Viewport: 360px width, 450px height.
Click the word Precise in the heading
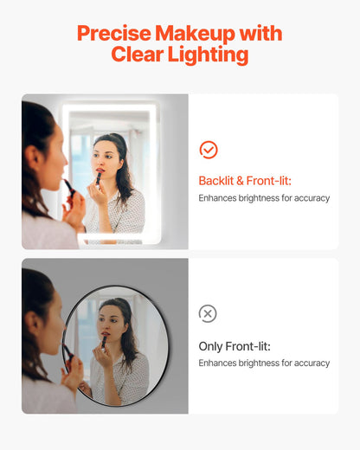click(113, 34)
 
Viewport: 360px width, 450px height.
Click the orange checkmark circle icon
click(208, 150)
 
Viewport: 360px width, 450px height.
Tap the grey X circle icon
click(208, 313)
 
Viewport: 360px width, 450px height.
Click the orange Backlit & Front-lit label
click(246, 181)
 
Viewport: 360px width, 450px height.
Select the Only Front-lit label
click(235, 345)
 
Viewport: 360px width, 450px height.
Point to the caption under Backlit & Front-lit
click(264, 198)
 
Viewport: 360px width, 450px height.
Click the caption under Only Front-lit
click(264, 363)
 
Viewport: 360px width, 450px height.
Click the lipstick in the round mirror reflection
click(104, 341)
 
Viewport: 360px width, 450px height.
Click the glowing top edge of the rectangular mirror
click(111, 106)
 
